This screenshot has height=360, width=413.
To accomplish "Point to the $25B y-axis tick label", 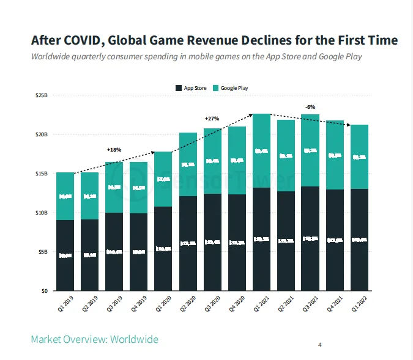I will tap(42, 95).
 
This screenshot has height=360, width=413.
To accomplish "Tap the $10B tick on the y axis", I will tap(42, 213).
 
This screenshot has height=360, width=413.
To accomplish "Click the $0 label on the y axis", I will tap(44, 291).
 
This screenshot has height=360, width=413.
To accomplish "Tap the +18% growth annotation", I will tap(114, 149).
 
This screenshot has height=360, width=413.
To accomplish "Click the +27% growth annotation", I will tap(212, 119).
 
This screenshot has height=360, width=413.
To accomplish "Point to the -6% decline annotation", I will tap(310, 108).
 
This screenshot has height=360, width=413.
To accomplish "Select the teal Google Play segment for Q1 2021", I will tap(261, 150).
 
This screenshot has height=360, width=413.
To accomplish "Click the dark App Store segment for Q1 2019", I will tap(65, 255).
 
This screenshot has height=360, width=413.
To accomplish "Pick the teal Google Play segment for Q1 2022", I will tap(359, 157).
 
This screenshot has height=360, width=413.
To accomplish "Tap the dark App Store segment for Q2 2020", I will tap(188, 243).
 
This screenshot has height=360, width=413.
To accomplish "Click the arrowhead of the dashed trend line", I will tap(349, 125).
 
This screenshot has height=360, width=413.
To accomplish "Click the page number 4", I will tap(319, 345).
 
